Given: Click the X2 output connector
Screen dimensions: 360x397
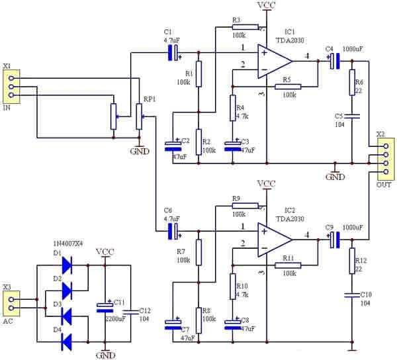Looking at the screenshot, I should pyautogui.click(x=383, y=158).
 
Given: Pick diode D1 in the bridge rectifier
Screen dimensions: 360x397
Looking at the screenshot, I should pyautogui.click(x=67, y=264).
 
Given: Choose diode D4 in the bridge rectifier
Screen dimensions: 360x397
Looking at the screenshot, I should pyautogui.click(x=67, y=341).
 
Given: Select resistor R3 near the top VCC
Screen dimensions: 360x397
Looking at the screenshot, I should pyautogui.click(x=240, y=26).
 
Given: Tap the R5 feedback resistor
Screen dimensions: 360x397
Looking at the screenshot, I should pyautogui.click(x=288, y=86).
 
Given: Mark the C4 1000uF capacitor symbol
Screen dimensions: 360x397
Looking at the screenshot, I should pyautogui.click(x=334, y=61).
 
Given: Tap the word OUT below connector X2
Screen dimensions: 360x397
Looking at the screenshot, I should pyautogui.click(x=384, y=185).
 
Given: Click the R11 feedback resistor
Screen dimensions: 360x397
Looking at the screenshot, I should pyautogui.click(x=288, y=265).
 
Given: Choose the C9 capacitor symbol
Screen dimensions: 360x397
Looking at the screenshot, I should pyautogui.click(x=334, y=240).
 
